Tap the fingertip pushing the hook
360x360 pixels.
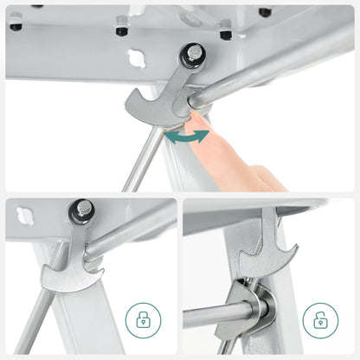201,121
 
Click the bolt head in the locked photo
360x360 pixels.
81,209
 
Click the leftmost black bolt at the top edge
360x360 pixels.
16,25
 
